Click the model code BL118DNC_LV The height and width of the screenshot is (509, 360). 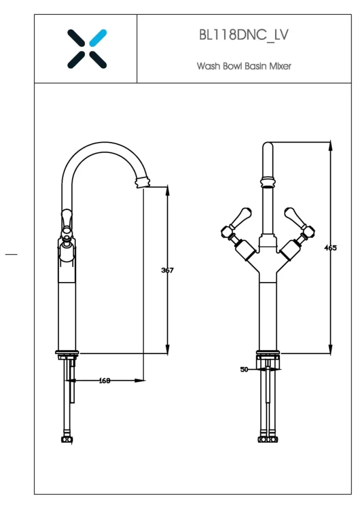click(244, 36)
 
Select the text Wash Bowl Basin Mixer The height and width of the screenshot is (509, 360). click(244, 66)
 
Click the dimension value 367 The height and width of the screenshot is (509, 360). click(167, 270)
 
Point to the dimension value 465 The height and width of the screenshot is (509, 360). click(330, 248)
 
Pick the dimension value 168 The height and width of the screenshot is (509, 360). click(105, 380)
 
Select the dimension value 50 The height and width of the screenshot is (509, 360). click(244, 370)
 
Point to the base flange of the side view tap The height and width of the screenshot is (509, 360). click(67, 353)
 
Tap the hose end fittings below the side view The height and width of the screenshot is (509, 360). click(67, 440)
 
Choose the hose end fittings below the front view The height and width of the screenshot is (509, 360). click(267, 440)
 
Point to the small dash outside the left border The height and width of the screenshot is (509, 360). click(11, 254)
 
